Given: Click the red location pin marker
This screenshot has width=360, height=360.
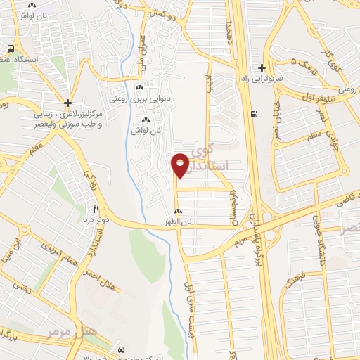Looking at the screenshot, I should tap(180, 164).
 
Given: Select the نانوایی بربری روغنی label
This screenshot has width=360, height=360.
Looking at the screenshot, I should tap(139, 98).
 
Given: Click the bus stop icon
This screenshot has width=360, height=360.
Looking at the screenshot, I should tap(10, 49).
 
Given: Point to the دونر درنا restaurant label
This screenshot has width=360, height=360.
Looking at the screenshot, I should tap(96, 219).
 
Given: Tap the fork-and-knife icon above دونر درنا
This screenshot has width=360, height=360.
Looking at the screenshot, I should tap(96, 209).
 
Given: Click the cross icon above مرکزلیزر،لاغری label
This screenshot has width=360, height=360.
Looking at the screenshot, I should tap(67, 103).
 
